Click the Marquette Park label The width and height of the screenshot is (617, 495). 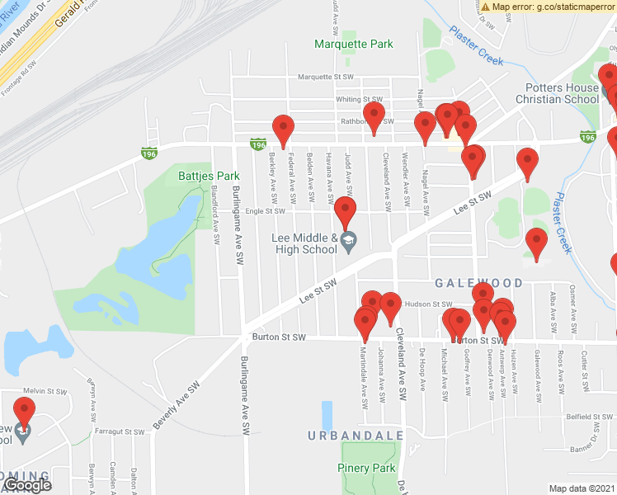point(354,44)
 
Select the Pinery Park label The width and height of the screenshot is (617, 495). point(366,468)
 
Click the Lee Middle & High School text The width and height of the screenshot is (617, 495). point(304,243)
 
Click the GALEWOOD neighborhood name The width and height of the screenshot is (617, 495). point(479,283)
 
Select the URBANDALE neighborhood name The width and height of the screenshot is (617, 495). point(356,435)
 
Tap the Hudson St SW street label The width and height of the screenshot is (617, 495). point(430,304)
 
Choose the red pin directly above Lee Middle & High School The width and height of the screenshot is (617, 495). point(345,212)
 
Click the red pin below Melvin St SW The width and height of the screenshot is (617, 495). point(25,412)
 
